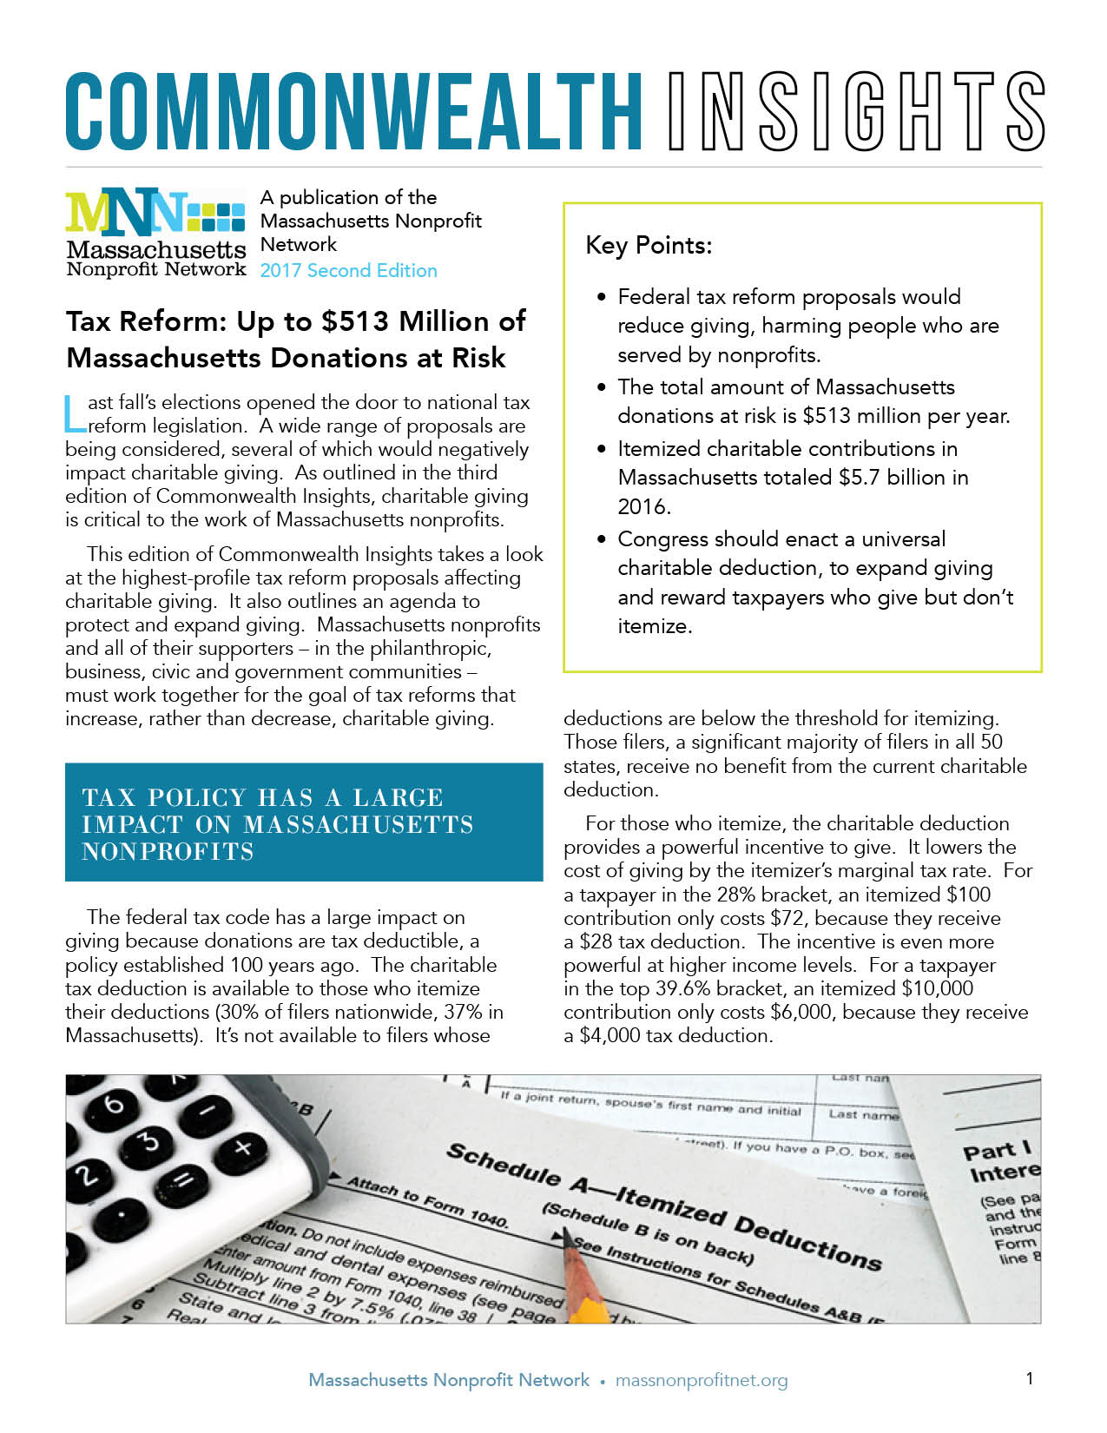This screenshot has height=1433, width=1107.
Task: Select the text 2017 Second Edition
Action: point(348,270)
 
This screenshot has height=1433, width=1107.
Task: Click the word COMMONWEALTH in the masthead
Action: point(353,112)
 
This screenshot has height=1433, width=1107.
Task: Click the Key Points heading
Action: point(649,246)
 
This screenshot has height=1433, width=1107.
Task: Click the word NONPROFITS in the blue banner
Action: point(168,852)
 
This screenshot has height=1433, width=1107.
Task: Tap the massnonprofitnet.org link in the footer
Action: point(702,1380)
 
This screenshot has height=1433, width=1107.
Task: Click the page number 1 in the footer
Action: point(1030,1378)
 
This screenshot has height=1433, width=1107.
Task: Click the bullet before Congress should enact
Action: point(602,539)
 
